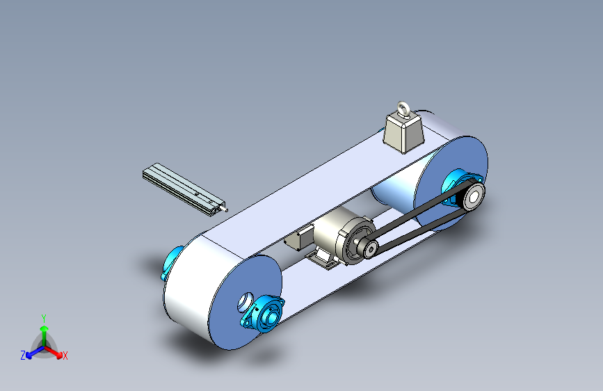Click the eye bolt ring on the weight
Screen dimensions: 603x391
pos(402,105)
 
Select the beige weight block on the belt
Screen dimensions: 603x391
pos(404,132)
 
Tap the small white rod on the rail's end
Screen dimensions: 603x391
pos(224,209)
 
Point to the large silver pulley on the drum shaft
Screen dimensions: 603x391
pos(473,196)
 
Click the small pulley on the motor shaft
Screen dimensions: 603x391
pos(369,249)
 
